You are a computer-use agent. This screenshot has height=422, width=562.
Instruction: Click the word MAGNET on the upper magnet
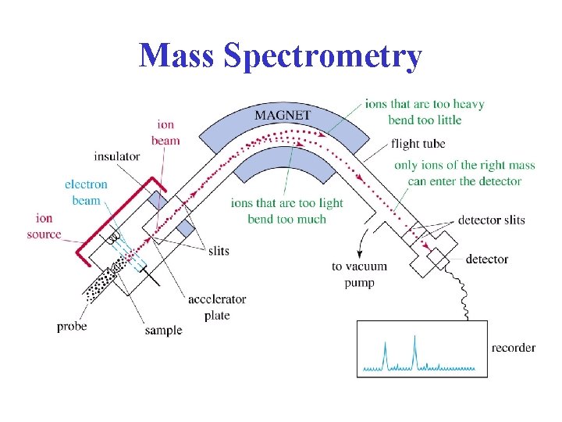[x=283, y=116]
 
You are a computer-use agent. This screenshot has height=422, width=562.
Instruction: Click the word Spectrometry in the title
[x=322, y=56]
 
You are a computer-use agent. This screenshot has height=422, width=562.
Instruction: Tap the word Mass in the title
[x=176, y=56]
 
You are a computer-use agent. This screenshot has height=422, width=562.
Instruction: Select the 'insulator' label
[x=116, y=156]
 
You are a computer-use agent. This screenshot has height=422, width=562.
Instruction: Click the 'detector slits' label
[x=492, y=221]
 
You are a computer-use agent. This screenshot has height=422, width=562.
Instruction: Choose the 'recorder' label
[x=514, y=348]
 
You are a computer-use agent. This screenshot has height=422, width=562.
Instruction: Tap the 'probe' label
[x=72, y=327]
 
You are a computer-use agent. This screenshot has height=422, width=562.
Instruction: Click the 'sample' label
[x=163, y=330]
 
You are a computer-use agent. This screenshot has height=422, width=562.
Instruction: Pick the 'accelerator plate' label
[x=216, y=306]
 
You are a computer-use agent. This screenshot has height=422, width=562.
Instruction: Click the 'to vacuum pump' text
[x=359, y=274]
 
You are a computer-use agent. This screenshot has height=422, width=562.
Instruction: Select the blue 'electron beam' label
[x=87, y=193]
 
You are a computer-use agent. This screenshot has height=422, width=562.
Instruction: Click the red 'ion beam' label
[x=166, y=133]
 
